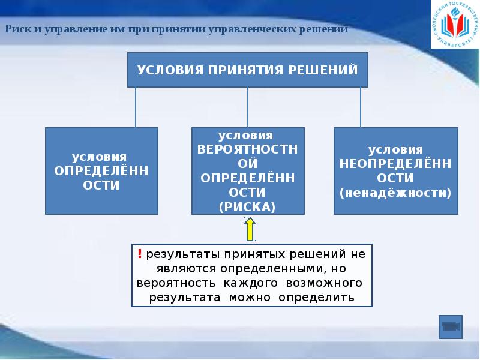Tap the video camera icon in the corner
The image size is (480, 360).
pos(450,327)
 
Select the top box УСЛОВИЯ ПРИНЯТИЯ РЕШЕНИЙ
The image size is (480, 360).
pos(247,70)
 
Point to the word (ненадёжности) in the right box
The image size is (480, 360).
pos(395,193)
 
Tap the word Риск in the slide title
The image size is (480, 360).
pos(16,29)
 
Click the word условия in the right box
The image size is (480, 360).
pos(395,149)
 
